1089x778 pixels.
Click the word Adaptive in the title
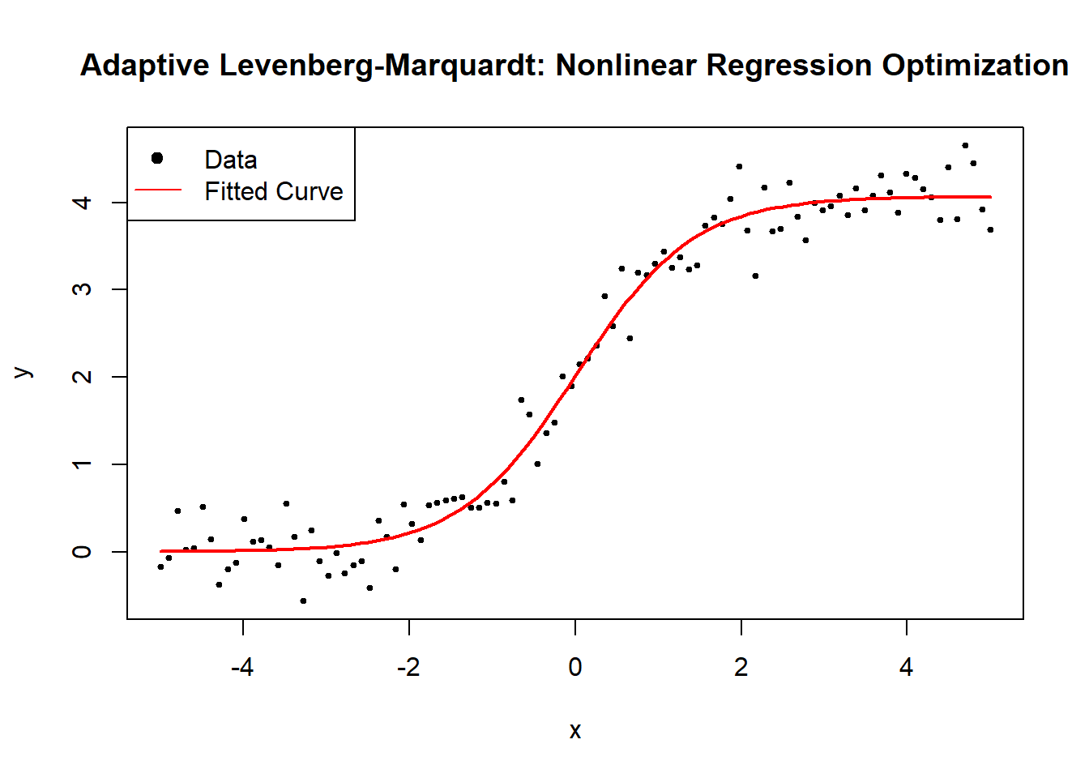click(145, 66)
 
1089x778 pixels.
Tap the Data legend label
click(231, 160)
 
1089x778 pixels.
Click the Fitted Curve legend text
click(274, 191)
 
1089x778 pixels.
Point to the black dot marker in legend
click(157, 158)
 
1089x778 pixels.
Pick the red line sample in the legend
click(158, 190)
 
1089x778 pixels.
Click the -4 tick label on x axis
click(242, 667)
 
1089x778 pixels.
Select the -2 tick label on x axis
click(408, 667)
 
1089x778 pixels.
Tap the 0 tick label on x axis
click(575, 667)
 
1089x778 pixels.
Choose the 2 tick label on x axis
click(741, 667)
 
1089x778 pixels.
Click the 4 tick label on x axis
click(907, 667)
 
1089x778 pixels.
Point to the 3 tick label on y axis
click(82, 289)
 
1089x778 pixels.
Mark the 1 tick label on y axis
click(82, 464)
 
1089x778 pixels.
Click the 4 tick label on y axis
click(82, 202)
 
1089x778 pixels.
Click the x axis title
click(575, 731)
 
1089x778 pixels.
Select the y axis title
click(23, 373)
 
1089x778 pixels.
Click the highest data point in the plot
click(965, 146)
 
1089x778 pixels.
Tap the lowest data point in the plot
click(303, 601)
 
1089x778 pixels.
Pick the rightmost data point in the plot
click(990, 230)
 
